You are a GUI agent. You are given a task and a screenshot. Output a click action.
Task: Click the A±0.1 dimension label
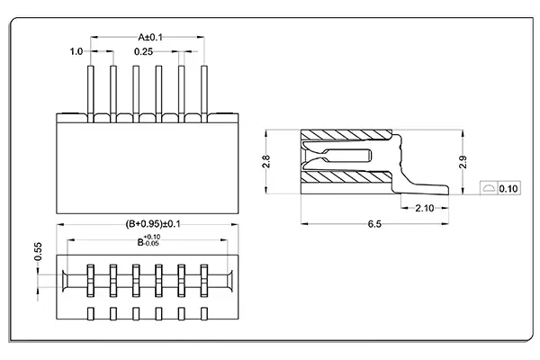149,37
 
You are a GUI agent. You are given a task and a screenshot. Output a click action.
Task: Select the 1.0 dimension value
76,52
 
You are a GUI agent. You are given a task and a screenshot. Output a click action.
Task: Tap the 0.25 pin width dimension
142,52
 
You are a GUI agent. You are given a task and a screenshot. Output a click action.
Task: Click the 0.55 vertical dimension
39,252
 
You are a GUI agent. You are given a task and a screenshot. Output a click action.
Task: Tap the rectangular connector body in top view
147,166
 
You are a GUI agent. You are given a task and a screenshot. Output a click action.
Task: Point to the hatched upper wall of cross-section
346,138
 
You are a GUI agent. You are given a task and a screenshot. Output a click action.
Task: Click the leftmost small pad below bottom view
91,313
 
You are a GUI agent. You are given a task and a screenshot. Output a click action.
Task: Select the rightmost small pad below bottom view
203,313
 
